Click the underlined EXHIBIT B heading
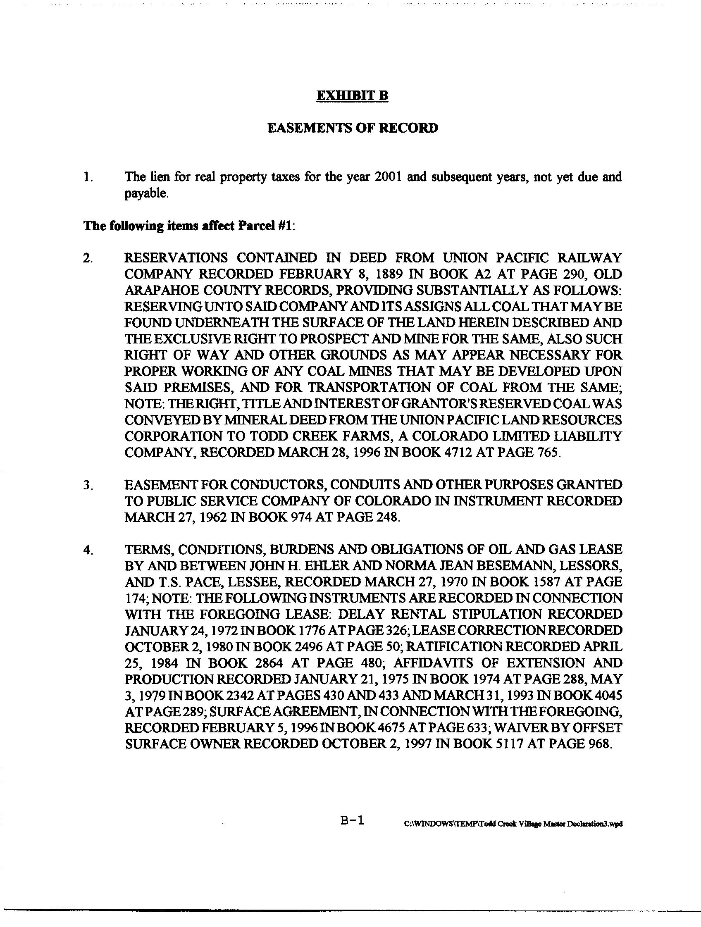352,95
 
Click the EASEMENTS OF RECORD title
353,128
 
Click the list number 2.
88,258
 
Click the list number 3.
88,485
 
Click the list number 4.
88,550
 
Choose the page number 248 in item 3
384,517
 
